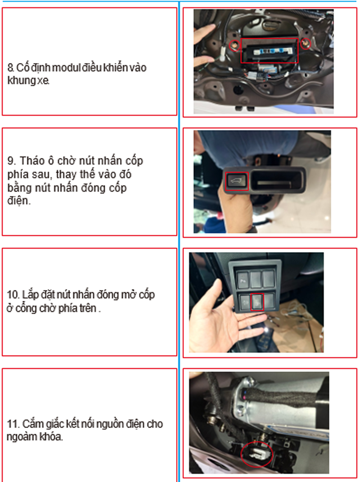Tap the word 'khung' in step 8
click(22, 81)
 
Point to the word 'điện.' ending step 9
click(19, 201)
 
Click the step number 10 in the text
click(13, 295)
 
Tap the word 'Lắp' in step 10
click(30, 295)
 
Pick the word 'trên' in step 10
click(87, 308)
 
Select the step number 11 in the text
click(13, 424)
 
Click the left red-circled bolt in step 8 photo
click(234, 46)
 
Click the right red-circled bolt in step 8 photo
click(305, 44)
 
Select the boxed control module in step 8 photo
click(269, 51)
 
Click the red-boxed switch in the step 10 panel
click(257, 302)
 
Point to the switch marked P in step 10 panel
click(243, 280)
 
